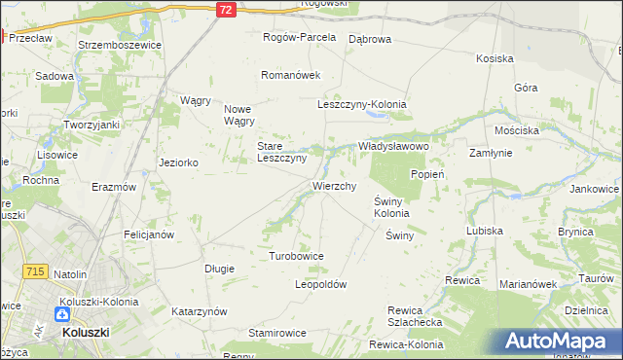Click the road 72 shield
[x=226, y=9]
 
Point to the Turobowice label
[x=296, y=256]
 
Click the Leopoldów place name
[x=320, y=284]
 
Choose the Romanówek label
[x=290, y=75]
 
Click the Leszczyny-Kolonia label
[x=362, y=104]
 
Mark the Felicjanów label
[x=148, y=234]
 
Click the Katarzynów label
[x=200, y=311]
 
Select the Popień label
[x=427, y=174]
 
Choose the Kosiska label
[x=495, y=58]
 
